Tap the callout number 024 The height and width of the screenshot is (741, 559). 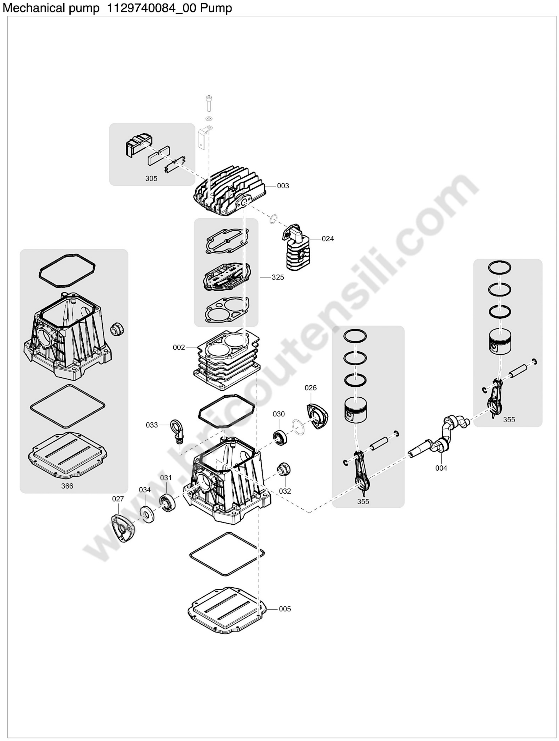[x=328, y=239]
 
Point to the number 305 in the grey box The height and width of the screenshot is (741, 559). [x=151, y=179]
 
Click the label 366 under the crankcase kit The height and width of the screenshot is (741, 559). [x=67, y=486]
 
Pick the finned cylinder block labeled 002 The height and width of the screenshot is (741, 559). [x=226, y=360]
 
